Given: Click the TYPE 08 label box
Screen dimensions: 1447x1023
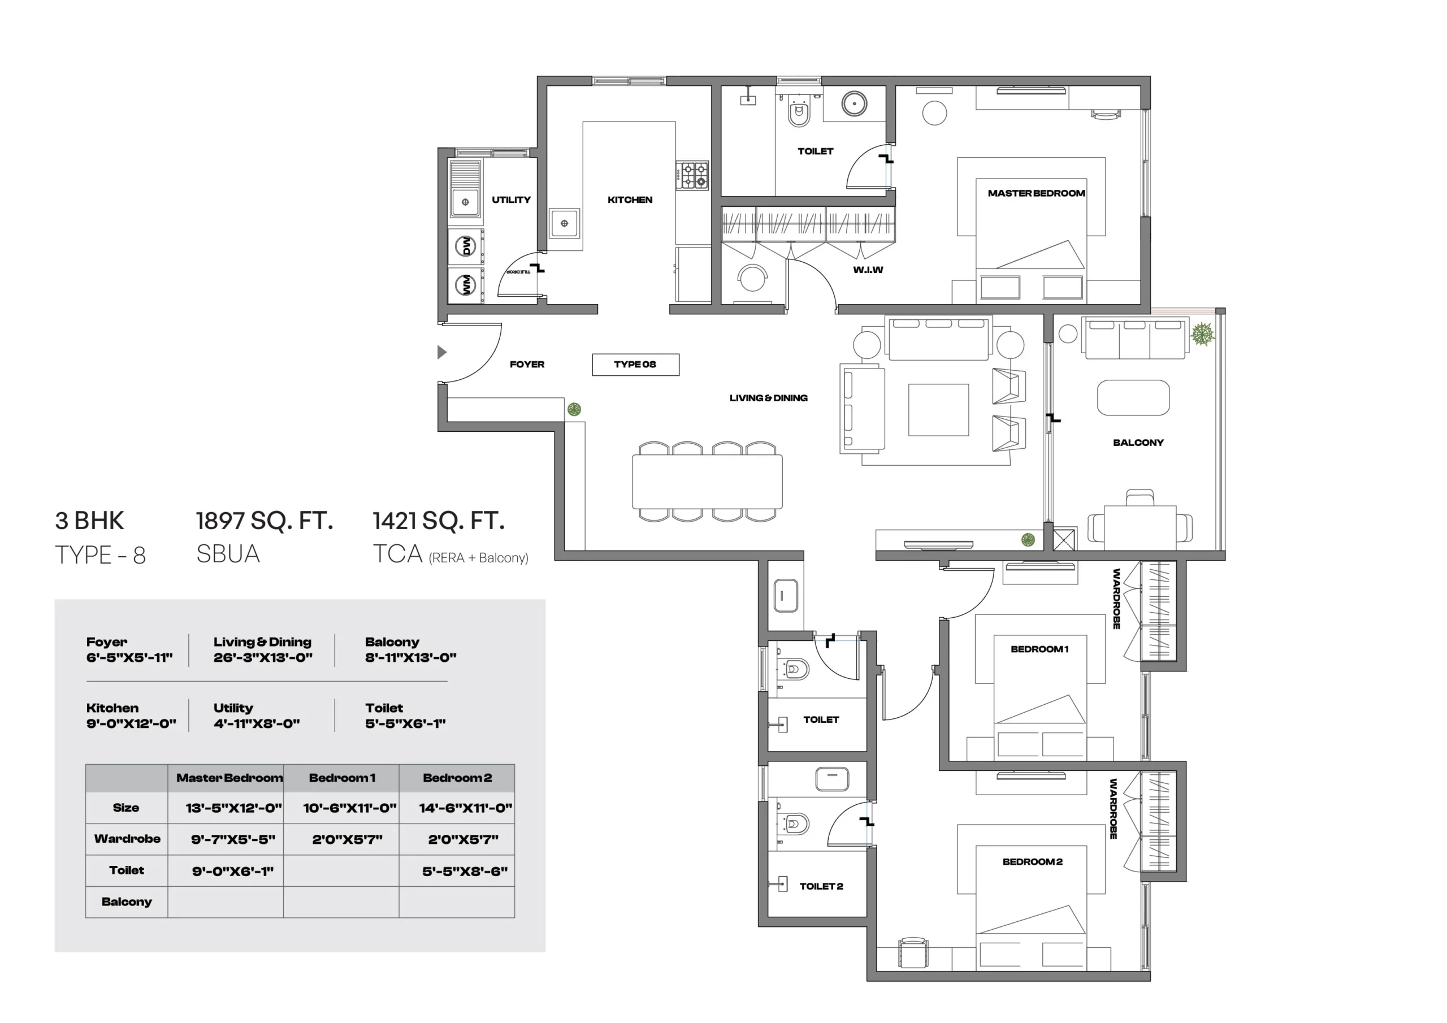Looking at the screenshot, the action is tap(635, 365).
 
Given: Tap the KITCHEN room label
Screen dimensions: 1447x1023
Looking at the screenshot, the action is tap(630, 200).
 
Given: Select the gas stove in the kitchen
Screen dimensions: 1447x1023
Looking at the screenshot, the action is tap(692, 176).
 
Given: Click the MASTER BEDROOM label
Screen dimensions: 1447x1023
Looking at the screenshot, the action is tap(1036, 193).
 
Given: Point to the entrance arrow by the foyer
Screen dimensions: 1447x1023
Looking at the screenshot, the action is tap(442, 352).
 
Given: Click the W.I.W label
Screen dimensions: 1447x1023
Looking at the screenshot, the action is tap(868, 270).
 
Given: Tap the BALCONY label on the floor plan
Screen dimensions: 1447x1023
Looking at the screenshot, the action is tap(1138, 443).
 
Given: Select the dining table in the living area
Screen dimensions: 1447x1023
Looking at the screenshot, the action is tap(707, 482).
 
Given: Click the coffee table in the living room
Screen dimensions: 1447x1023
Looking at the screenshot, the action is tap(938, 410).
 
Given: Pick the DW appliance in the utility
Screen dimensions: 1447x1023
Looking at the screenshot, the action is tap(466, 246).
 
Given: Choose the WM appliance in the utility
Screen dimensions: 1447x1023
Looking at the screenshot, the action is tap(466, 285).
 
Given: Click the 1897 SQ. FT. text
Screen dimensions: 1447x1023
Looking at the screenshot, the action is tap(265, 521).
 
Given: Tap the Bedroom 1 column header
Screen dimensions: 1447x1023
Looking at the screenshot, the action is tap(341, 778).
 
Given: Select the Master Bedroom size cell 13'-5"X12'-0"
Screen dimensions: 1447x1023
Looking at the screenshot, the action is tap(234, 808).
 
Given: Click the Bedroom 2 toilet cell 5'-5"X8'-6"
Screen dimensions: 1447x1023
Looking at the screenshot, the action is tap(465, 872).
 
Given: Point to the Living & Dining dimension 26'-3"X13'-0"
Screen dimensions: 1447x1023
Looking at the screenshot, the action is tap(263, 657).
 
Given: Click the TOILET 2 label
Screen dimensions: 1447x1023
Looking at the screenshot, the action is tap(821, 886).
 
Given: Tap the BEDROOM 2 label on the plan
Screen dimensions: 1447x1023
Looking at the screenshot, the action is tap(1032, 862).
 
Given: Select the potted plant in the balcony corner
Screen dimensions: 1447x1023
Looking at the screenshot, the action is tap(1202, 334).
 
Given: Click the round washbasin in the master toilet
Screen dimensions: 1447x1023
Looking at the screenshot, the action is tap(854, 104).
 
